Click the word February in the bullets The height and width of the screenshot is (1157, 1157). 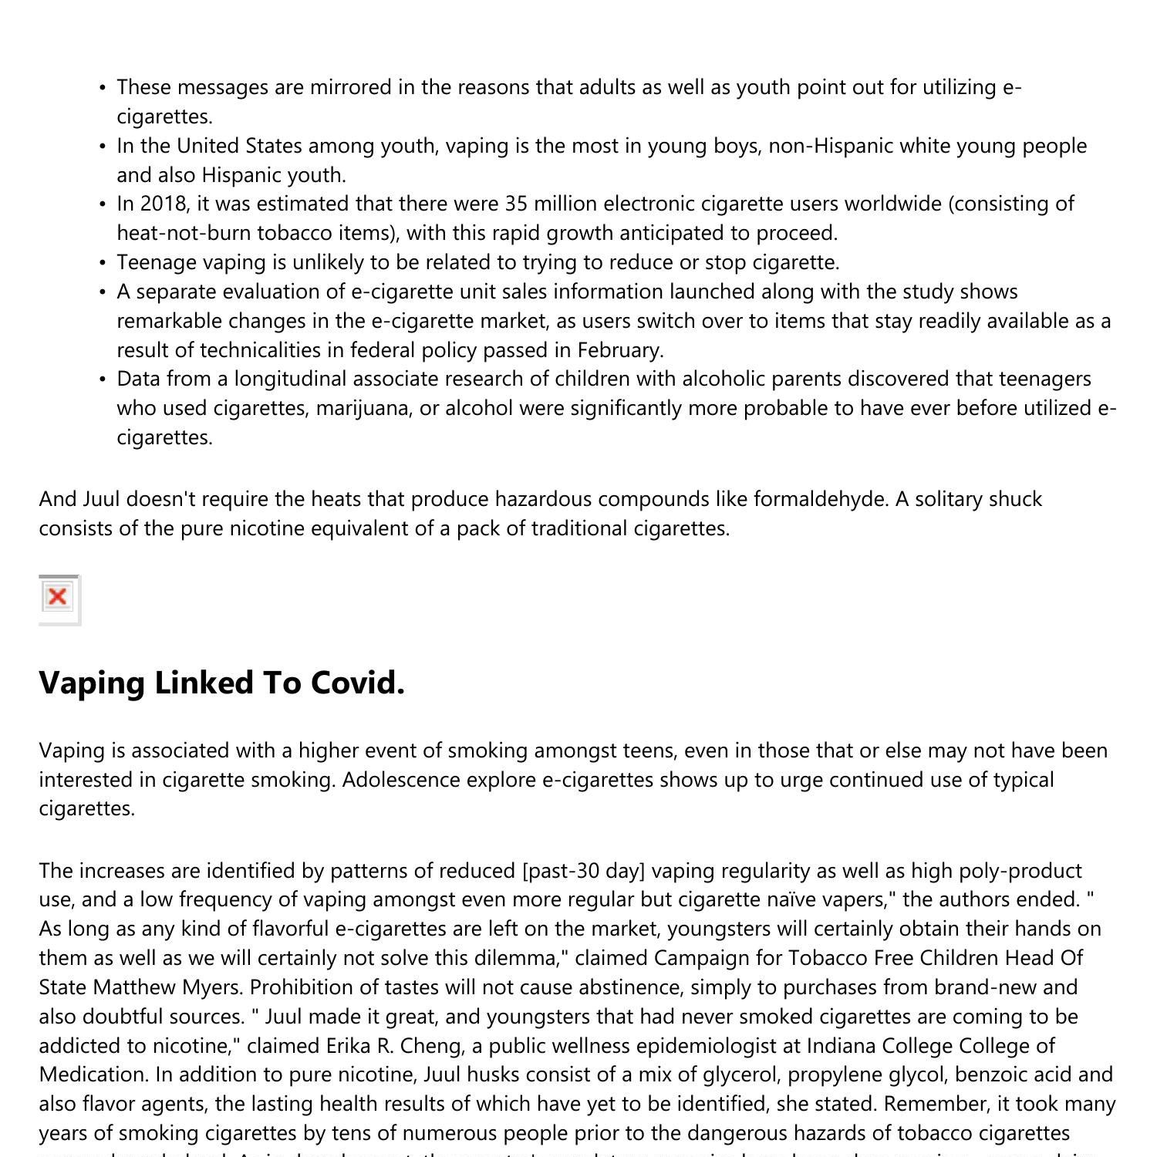pyautogui.click(x=619, y=350)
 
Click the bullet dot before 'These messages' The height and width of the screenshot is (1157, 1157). pyautogui.click(x=103, y=89)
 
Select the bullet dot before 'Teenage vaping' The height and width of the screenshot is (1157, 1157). pyautogui.click(x=103, y=264)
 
